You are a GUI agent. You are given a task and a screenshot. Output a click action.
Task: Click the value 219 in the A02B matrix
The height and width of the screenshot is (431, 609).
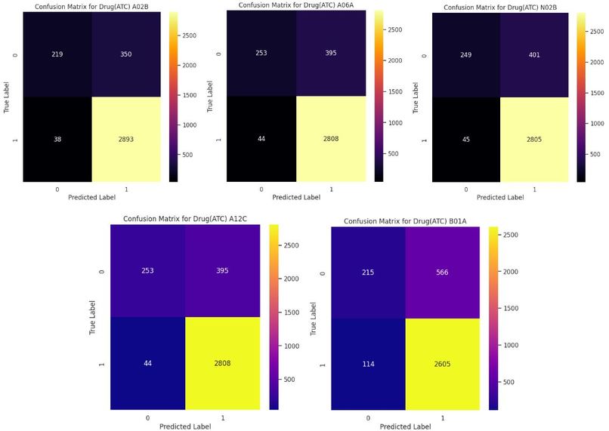[57, 54]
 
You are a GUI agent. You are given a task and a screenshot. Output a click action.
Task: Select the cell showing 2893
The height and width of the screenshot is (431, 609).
[126, 139]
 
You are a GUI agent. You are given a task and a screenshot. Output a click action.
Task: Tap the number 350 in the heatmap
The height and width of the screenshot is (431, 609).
[126, 54]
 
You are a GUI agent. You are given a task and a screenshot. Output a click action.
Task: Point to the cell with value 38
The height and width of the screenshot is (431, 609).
[57, 139]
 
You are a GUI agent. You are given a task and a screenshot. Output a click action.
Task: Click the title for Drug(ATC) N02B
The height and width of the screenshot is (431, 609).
[500, 8]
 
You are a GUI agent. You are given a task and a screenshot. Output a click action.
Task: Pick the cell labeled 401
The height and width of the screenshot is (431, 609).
[534, 54]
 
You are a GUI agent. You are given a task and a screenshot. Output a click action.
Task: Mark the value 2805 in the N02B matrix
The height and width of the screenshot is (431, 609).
[534, 140]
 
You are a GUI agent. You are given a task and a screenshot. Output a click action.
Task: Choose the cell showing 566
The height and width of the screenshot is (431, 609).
[442, 272]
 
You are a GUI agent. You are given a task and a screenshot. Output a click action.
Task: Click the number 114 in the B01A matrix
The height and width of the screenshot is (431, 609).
[368, 364]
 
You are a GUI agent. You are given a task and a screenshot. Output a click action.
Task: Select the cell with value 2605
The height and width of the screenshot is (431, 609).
[442, 364]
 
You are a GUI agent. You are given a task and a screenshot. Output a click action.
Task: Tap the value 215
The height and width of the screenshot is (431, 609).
[368, 272]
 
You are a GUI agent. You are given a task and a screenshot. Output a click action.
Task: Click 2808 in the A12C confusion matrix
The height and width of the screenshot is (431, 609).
[222, 363]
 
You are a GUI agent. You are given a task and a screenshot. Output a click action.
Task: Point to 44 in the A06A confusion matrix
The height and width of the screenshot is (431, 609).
[261, 138]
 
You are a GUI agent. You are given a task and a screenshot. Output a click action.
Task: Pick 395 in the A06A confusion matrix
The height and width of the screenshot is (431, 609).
[331, 53]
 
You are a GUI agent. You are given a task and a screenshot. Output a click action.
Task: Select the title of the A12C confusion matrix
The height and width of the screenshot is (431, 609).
[185, 219]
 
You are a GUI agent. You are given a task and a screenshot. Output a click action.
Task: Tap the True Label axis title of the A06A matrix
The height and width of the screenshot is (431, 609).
[210, 96]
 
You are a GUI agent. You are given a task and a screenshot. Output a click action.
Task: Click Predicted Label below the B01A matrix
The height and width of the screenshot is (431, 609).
[406, 426]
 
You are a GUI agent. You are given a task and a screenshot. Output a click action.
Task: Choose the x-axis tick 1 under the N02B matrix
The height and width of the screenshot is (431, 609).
[534, 189]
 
